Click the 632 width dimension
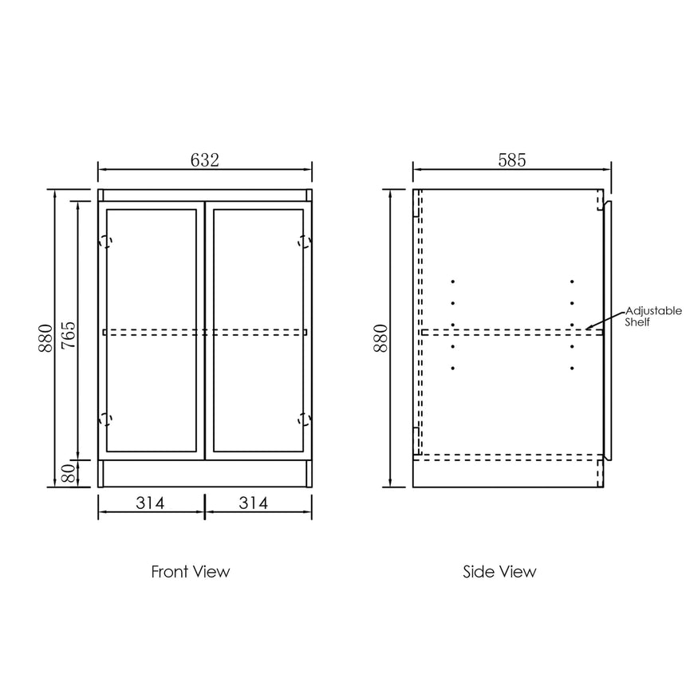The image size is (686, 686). click(x=204, y=160)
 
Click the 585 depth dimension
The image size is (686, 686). click(x=511, y=160)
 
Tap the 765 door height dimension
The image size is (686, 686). click(x=69, y=335)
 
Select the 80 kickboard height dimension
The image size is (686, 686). click(x=69, y=473)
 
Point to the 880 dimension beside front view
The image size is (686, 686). click(x=45, y=337)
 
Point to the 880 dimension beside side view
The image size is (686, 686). click(x=380, y=337)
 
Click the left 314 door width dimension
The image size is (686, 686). click(x=150, y=503)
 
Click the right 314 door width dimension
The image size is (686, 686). click(x=254, y=503)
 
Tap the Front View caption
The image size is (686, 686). click(x=191, y=571)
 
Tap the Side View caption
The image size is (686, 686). click(x=499, y=571)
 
